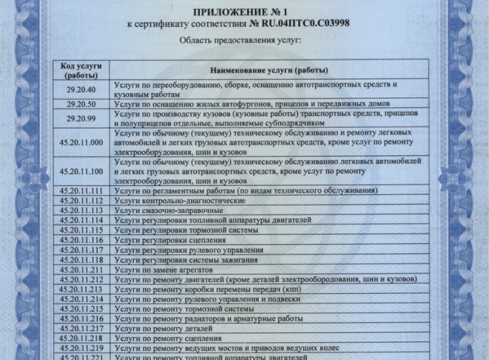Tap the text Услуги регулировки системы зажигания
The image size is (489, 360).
click(x=187, y=260)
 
